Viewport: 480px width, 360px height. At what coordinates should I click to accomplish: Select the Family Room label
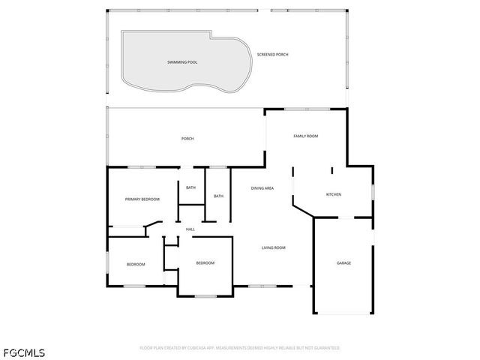[306, 136]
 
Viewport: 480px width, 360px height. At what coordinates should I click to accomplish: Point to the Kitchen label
[333, 195]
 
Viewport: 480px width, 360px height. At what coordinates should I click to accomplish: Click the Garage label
[343, 263]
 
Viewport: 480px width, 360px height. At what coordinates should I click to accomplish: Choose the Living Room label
[273, 247]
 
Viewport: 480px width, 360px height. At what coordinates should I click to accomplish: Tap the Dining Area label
[262, 187]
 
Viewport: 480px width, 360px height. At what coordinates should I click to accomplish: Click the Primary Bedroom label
[142, 199]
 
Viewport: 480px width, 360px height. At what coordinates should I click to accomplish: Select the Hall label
[190, 229]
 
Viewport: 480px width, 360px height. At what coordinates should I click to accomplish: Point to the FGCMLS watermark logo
[24, 352]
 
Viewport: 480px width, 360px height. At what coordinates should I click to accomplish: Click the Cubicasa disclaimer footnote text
[240, 348]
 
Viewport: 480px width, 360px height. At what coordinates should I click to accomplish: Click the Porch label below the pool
[187, 139]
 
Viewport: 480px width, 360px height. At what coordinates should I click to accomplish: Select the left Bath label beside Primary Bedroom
[190, 187]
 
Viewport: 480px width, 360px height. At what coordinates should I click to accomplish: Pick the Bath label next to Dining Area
[218, 196]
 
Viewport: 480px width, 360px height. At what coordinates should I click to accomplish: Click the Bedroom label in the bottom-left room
[136, 264]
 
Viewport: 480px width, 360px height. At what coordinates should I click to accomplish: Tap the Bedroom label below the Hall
[205, 262]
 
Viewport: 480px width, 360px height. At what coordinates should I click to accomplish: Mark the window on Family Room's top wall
[306, 109]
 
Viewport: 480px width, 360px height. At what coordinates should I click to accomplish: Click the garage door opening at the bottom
[343, 313]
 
